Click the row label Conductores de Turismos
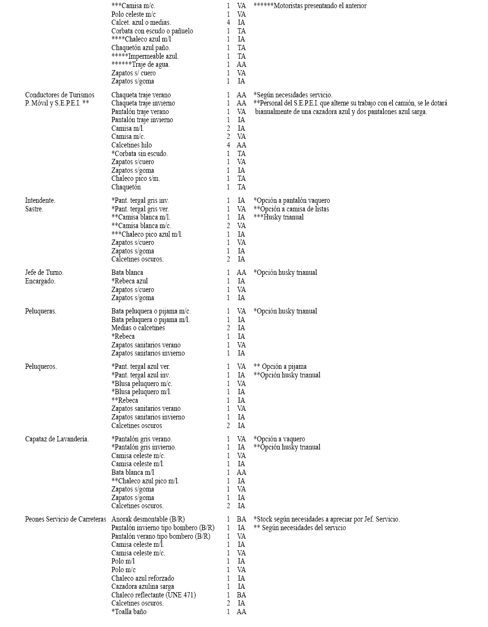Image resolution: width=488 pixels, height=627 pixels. tap(60, 95)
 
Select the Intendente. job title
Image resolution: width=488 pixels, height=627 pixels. tap(40, 200)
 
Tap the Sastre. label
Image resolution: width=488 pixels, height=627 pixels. tap(34, 209)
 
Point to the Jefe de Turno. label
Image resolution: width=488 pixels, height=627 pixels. tap(44, 272)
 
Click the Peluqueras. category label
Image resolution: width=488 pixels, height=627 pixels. tap(41, 311)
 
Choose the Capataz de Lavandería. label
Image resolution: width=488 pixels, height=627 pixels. tap(57, 439)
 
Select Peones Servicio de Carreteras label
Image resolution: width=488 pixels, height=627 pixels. tap(65, 519)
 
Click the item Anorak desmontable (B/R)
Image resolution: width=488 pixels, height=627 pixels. tap(148, 519)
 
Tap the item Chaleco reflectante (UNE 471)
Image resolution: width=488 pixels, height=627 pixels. tap(153, 595)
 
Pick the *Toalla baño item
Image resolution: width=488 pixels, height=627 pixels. tap(129, 612)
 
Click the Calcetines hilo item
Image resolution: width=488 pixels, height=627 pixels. tap(131, 145)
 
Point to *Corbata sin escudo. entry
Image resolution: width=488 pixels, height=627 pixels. tap(140, 154)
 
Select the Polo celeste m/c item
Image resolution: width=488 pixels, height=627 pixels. tap(133, 14)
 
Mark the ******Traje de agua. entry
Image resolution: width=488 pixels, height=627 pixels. tap(141, 64)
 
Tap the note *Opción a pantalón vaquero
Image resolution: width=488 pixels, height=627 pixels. tap(292, 200)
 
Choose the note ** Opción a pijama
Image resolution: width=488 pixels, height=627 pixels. tap(280, 366)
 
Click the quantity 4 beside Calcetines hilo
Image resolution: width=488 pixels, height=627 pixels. tap(228, 145)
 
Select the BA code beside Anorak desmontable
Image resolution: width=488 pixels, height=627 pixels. tap(241, 519)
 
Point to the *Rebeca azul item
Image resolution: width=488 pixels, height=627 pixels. tap(130, 281)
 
